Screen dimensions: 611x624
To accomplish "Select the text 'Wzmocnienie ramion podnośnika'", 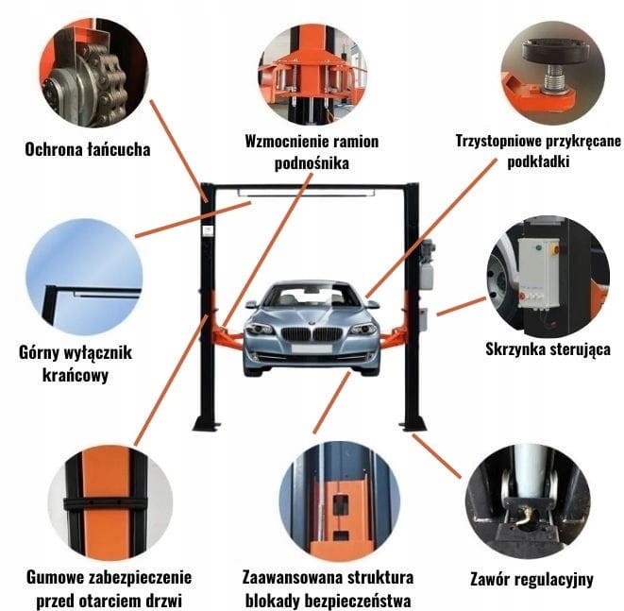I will point(311,152).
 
